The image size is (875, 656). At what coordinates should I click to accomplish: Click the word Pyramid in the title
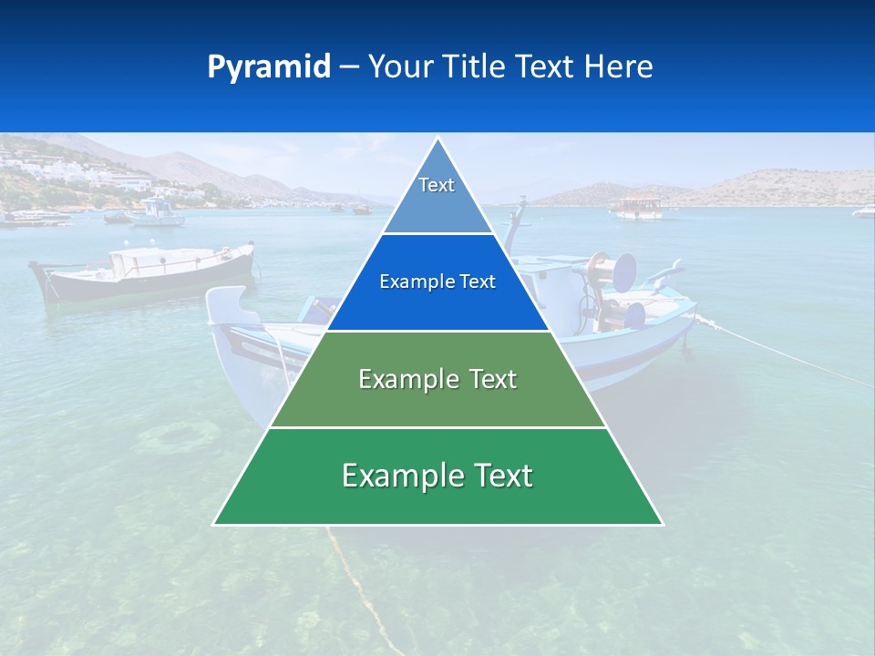[x=269, y=67]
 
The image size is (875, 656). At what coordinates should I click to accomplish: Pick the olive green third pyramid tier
[x=437, y=380]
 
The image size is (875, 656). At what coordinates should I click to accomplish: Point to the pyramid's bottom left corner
[x=215, y=524]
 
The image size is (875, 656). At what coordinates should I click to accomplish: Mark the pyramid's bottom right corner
[x=662, y=524]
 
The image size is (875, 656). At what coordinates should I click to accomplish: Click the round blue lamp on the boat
[x=624, y=272]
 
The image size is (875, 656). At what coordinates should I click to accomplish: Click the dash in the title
[x=349, y=67]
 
